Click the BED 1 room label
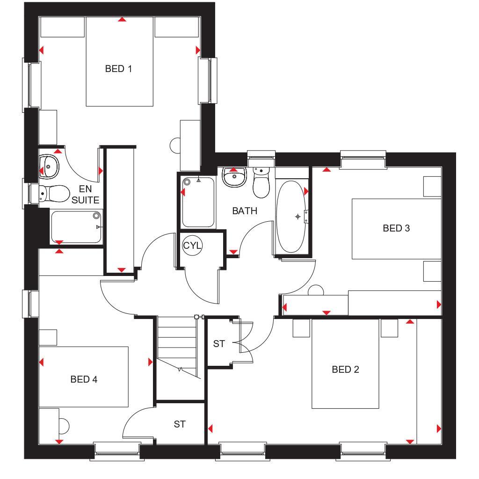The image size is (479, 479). (118, 69)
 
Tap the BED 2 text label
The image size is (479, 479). (345, 370)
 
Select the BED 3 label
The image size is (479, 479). (396, 228)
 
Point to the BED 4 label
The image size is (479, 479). (84, 379)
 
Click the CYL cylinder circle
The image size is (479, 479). (192, 246)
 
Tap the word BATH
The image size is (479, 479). (245, 211)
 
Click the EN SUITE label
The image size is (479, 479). (85, 195)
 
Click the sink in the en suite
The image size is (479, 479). (49, 166)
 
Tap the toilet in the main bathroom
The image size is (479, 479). (261, 183)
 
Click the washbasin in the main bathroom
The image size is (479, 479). (234, 177)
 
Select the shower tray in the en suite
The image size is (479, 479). (76, 227)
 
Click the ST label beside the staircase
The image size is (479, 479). (219, 344)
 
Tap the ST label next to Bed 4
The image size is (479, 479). (180, 424)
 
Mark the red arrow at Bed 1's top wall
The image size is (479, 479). (122, 20)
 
